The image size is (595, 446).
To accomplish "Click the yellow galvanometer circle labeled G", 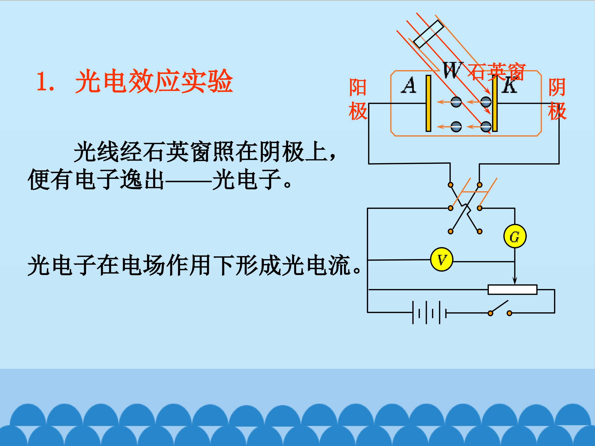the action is pyautogui.click(x=515, y=236).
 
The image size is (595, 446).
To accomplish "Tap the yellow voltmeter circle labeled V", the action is pyautogui.click(x=441, y=260).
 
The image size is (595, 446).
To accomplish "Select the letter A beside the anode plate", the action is pyautogui.click(x=409, y=85).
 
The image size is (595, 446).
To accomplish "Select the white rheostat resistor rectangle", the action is pyautogui.click(x=512, y=289).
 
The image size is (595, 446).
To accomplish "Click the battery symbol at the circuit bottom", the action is pyautogui.click(x=429, y=313).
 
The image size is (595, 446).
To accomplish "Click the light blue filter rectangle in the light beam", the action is pyautogui.click(x=428, y=34).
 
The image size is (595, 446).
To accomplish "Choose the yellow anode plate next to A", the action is pyautogui.click(x=428, y=103).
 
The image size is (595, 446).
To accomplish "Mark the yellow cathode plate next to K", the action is pyautogui.click(x=495, y=103).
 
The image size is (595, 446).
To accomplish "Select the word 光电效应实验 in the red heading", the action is pyautogui.click(x=154, y=81).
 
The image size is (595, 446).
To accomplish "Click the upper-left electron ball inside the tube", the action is pyautogui.click(x=456, y=102).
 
